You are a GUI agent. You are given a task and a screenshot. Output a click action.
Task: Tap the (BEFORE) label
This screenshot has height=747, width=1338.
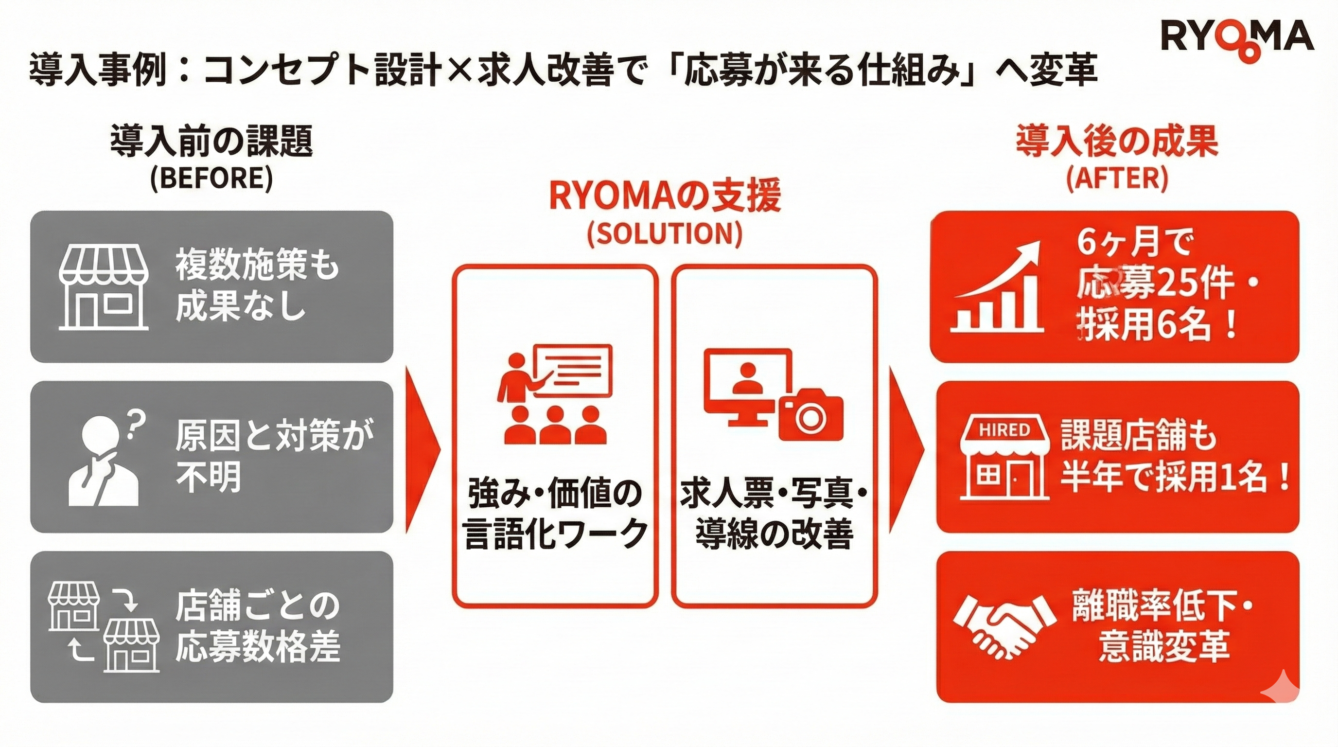point(211,178)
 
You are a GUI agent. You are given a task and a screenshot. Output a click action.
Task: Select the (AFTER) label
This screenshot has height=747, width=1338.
point(1117,178)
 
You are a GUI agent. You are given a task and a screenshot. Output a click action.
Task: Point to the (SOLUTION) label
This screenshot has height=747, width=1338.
point(664,233)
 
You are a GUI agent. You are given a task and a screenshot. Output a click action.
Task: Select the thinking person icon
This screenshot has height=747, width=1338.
point(104,462)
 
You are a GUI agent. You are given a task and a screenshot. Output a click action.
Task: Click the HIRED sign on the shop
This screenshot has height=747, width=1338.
point(1003,430)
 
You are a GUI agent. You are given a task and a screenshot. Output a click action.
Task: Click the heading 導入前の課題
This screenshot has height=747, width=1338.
point(211,142)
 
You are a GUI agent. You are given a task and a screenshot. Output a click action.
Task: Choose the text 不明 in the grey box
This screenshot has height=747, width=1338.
point(208,477)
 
